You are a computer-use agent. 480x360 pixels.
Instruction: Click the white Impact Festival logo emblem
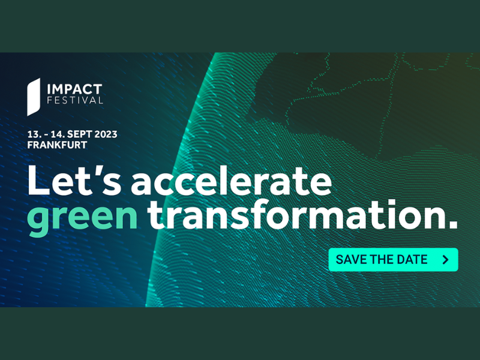[x=34, y=97]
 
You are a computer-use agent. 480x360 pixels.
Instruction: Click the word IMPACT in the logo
[x=74, y=89]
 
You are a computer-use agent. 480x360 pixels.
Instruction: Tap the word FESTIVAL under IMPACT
[x=75, y=100]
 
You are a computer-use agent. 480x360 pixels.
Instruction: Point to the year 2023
[x=106, y=134]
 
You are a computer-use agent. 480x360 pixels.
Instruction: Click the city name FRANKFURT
[x=57, y=145]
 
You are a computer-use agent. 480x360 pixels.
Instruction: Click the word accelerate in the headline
[x=232, y=181]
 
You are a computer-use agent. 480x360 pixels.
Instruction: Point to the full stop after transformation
[x=452, y=224]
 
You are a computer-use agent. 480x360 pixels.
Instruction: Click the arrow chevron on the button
[x=446, y=260]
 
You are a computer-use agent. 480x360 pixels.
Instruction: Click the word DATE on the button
[x=412, y=260]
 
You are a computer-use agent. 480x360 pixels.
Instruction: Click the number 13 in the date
[x=33, y=134]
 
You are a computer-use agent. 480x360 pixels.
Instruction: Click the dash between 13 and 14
[x=44, y=135]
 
